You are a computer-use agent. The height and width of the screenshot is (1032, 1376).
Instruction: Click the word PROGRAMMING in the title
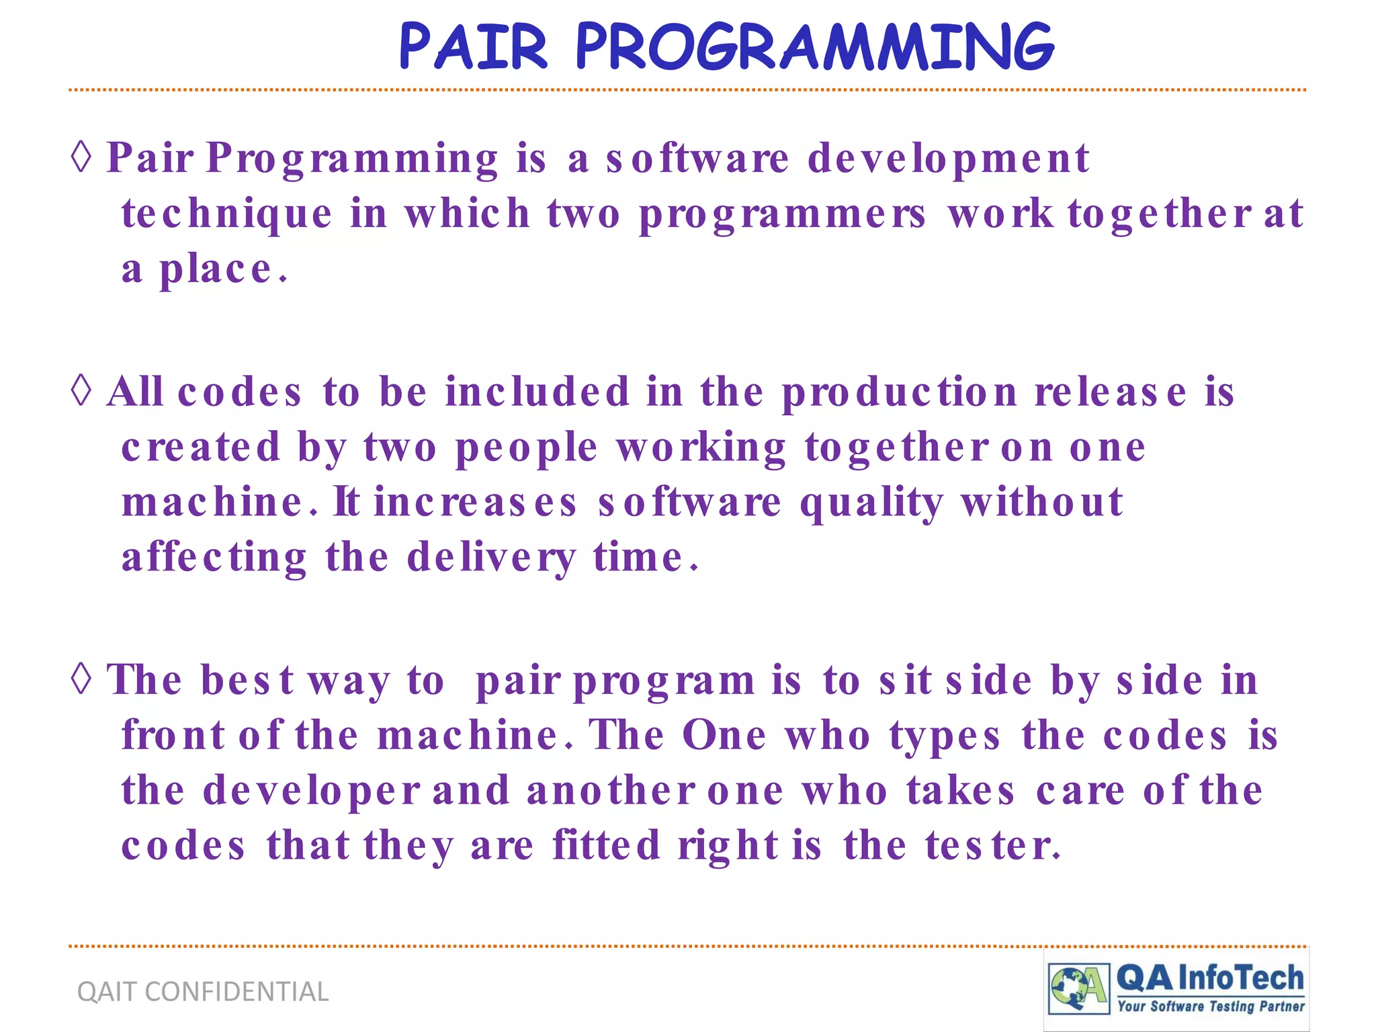click(x=814, y=47)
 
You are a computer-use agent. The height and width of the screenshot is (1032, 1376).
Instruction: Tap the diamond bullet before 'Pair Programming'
click(x=81, y=157)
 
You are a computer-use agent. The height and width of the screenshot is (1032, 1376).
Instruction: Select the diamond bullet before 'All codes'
click(x=81, y=391)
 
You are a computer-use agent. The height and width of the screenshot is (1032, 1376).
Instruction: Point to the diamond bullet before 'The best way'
click(x=81, y=679)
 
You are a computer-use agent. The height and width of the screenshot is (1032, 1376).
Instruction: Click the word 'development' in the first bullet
click(x=947, y=160)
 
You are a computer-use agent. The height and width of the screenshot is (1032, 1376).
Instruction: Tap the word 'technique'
click(x=226, y=215)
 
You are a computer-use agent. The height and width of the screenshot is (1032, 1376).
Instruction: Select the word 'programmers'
click(x=783, y=215)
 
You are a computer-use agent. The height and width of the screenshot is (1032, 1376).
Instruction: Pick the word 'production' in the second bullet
click(x=900, y=393)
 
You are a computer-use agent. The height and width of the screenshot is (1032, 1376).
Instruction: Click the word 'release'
click(x=1110, y=393)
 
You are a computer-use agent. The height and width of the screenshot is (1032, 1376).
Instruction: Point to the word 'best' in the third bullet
click(x=247, y=681)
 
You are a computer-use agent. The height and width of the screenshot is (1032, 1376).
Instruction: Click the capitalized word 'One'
click(x=724, y=736)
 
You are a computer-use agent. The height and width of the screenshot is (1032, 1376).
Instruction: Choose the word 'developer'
click(x=311, y=791)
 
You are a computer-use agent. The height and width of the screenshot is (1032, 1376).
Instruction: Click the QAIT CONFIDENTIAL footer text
click(x=203, y=992)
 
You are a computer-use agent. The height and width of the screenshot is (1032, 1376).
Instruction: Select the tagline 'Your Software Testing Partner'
click(x=1211, y=1006)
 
